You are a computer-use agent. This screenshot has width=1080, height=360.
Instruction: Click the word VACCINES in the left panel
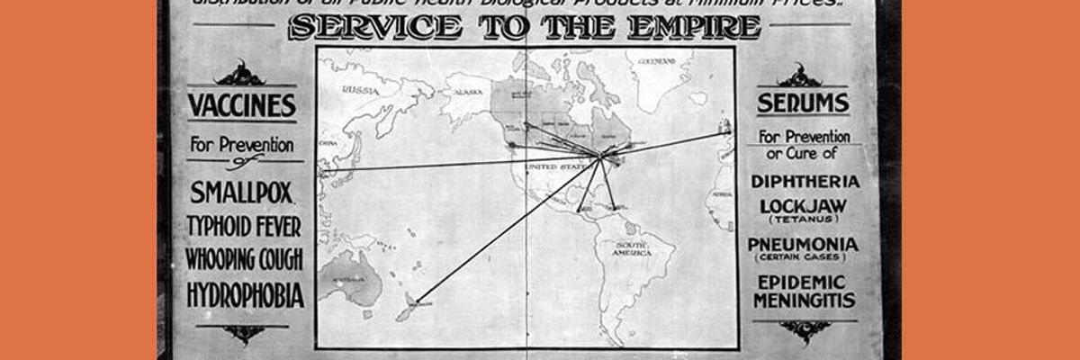click(241, 106)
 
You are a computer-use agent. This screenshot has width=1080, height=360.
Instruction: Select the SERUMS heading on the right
click(803, 103)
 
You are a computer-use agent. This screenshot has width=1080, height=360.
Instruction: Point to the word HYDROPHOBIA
click(245, 294)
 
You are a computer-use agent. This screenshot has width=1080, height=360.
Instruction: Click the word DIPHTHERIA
click(805, 181)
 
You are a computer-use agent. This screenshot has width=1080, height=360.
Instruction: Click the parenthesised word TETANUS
click(802, 220)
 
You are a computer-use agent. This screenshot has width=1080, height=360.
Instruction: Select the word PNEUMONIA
click(802, 244)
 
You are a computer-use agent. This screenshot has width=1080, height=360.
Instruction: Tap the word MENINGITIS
click(804, 301)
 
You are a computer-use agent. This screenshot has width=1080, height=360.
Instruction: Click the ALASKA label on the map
click(468, 92)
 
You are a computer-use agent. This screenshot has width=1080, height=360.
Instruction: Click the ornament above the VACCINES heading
click(240, 73)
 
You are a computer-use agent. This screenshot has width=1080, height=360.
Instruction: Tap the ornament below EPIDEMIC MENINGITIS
click(804, 331)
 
